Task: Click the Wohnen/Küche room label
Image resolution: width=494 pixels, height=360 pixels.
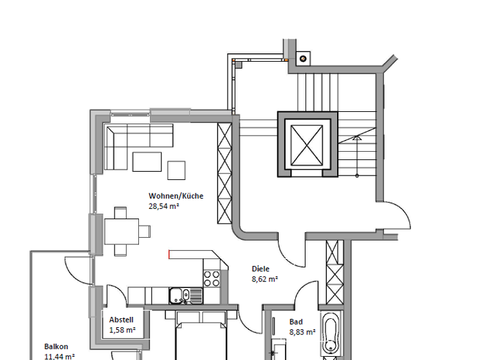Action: click(176, 196)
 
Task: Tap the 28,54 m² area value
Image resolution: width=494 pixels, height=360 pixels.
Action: click(163, 206)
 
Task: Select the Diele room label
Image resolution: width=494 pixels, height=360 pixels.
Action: click(261, 269)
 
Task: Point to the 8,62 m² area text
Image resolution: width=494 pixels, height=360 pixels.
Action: click(264, 280)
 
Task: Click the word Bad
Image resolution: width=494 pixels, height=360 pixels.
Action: click(296, 322)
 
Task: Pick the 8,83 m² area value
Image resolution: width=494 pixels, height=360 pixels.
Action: click(302, 332)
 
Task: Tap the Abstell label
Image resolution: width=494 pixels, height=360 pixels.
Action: click(121, 319)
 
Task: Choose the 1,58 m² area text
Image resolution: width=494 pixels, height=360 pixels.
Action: click(122, 330)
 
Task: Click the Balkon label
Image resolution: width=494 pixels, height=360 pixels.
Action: click(56, 346)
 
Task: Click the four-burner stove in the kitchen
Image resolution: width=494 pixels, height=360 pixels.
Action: click(212, 278)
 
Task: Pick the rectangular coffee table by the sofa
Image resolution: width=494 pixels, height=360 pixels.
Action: click(147, 161)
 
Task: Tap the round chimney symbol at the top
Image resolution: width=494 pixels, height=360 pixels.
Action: click(302, 59)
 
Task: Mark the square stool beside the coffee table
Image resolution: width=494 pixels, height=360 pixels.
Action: click(176, 170)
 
